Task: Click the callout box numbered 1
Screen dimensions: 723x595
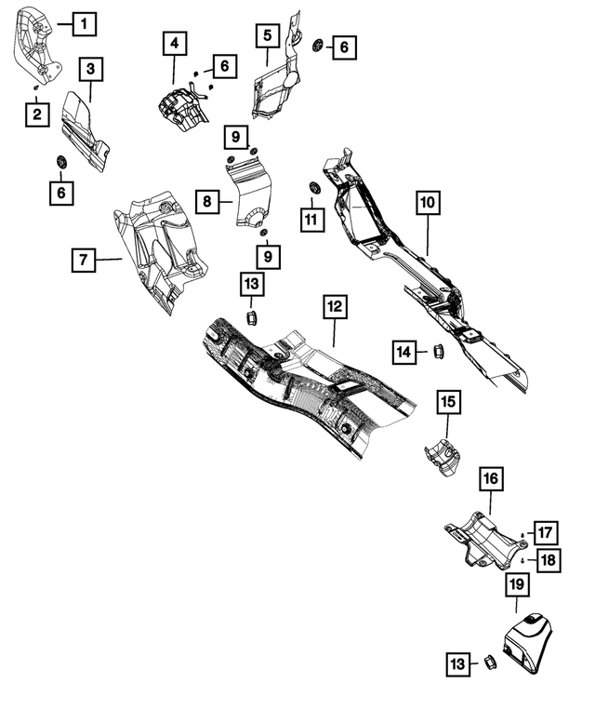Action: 84,22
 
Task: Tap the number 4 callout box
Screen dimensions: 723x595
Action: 174,43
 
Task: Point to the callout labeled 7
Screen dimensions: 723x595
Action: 84,261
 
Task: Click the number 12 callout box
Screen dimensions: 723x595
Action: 335,305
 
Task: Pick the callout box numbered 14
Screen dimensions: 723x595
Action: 403,352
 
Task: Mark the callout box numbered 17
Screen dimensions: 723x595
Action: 544,533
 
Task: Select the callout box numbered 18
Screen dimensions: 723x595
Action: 548,560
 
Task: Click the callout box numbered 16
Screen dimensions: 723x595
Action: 490,479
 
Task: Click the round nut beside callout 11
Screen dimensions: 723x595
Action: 314,190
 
